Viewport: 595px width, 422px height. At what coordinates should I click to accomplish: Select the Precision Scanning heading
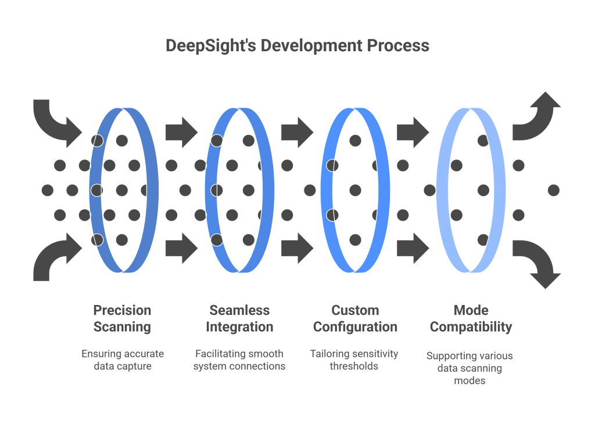122,318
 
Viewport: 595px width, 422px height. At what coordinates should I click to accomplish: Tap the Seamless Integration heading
239,318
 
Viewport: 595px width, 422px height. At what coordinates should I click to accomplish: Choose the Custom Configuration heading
355,318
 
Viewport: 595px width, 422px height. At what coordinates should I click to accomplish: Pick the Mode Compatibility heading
471,318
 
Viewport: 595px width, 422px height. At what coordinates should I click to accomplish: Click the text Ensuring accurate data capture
122,360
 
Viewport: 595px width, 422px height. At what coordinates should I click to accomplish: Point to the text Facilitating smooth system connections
239,360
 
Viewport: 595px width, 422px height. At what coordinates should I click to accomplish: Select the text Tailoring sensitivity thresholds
355,360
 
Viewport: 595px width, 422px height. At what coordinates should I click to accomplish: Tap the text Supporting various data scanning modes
469,368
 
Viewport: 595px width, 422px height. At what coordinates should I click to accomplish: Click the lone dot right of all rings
553,190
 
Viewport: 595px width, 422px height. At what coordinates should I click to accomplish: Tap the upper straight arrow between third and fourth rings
413,132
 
